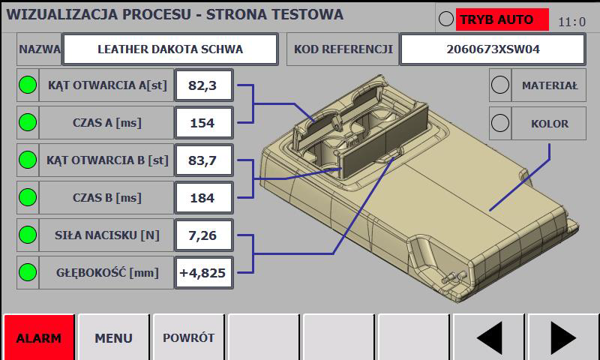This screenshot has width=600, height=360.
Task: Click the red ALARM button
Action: (39, 337)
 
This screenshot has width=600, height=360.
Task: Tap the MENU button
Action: (114, 337)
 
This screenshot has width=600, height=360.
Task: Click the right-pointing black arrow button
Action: (563, 337)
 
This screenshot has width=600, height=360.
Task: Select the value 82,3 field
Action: (203, 85)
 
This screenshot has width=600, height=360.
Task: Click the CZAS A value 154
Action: (203, 123)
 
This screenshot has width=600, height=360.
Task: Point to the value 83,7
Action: (203, 160)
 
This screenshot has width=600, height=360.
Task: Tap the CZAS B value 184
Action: (203, 198)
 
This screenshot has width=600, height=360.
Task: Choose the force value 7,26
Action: (203, 235)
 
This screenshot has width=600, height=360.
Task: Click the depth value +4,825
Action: (203, 273)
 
